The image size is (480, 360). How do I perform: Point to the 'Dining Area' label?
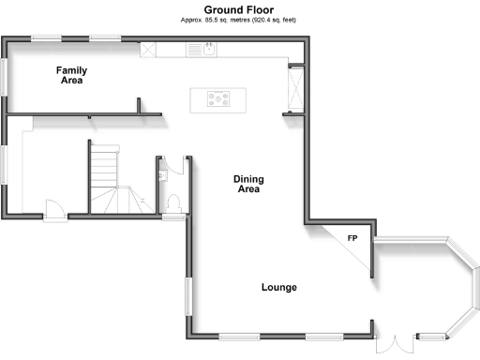[247, 184]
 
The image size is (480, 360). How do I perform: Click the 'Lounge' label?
[278, 287]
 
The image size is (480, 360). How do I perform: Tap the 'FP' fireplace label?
[352, 239]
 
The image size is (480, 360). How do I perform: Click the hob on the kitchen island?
[214, 99]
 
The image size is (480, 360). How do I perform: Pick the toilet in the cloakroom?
[173, 202]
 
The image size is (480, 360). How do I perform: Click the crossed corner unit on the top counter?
[149, 50]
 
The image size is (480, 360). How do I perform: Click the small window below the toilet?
[173, 217]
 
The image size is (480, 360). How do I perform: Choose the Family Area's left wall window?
[5, 74]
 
